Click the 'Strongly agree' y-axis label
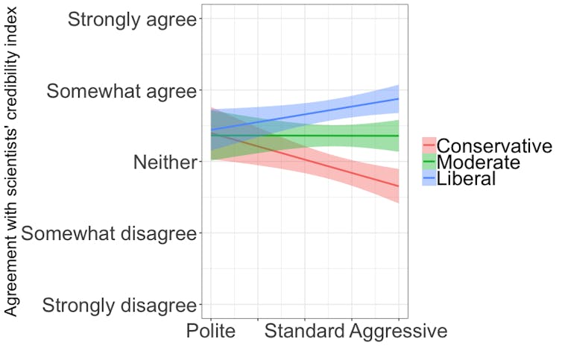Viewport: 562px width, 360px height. click(132, 19)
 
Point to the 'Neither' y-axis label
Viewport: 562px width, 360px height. click(164, 162)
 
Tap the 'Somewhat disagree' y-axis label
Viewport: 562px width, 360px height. click(109, 233)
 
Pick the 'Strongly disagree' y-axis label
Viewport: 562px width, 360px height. click(119, 305)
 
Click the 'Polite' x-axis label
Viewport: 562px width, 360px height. click(211, 331)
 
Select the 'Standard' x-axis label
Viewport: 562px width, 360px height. click(304, 331)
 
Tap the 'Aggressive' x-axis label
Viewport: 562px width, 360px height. click(399, 331)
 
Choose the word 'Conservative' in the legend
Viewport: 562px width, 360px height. click(493, 145)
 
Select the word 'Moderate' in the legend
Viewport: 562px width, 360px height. click(478, 162)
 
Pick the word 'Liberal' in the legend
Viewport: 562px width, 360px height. click(466, 178)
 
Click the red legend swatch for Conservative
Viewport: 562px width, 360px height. click(429, 145)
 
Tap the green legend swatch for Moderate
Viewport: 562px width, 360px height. click(429, 162)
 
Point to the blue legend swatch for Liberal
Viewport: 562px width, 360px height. click(429, 178)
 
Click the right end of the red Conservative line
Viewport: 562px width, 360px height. click(399, 186)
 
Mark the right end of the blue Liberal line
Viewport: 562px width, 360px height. click(399, 98)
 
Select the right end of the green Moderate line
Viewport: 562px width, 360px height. click(399, 136)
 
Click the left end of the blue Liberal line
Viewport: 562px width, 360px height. click(212, 130)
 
